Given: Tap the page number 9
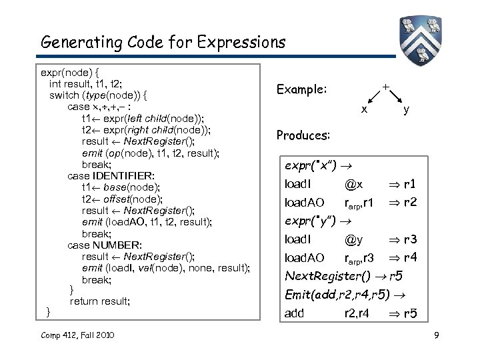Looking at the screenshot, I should tap(435, 334).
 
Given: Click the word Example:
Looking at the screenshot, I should tap(301, 89).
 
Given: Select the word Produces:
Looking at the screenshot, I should tap(303, 135).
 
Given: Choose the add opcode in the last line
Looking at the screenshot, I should tap(294, 313).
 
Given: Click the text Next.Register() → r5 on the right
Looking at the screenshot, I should tap(344, 276).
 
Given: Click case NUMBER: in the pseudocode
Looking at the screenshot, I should tap(105, 245).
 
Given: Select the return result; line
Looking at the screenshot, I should tap(100, 301).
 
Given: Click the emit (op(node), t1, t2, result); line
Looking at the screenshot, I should tap(151, 153).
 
